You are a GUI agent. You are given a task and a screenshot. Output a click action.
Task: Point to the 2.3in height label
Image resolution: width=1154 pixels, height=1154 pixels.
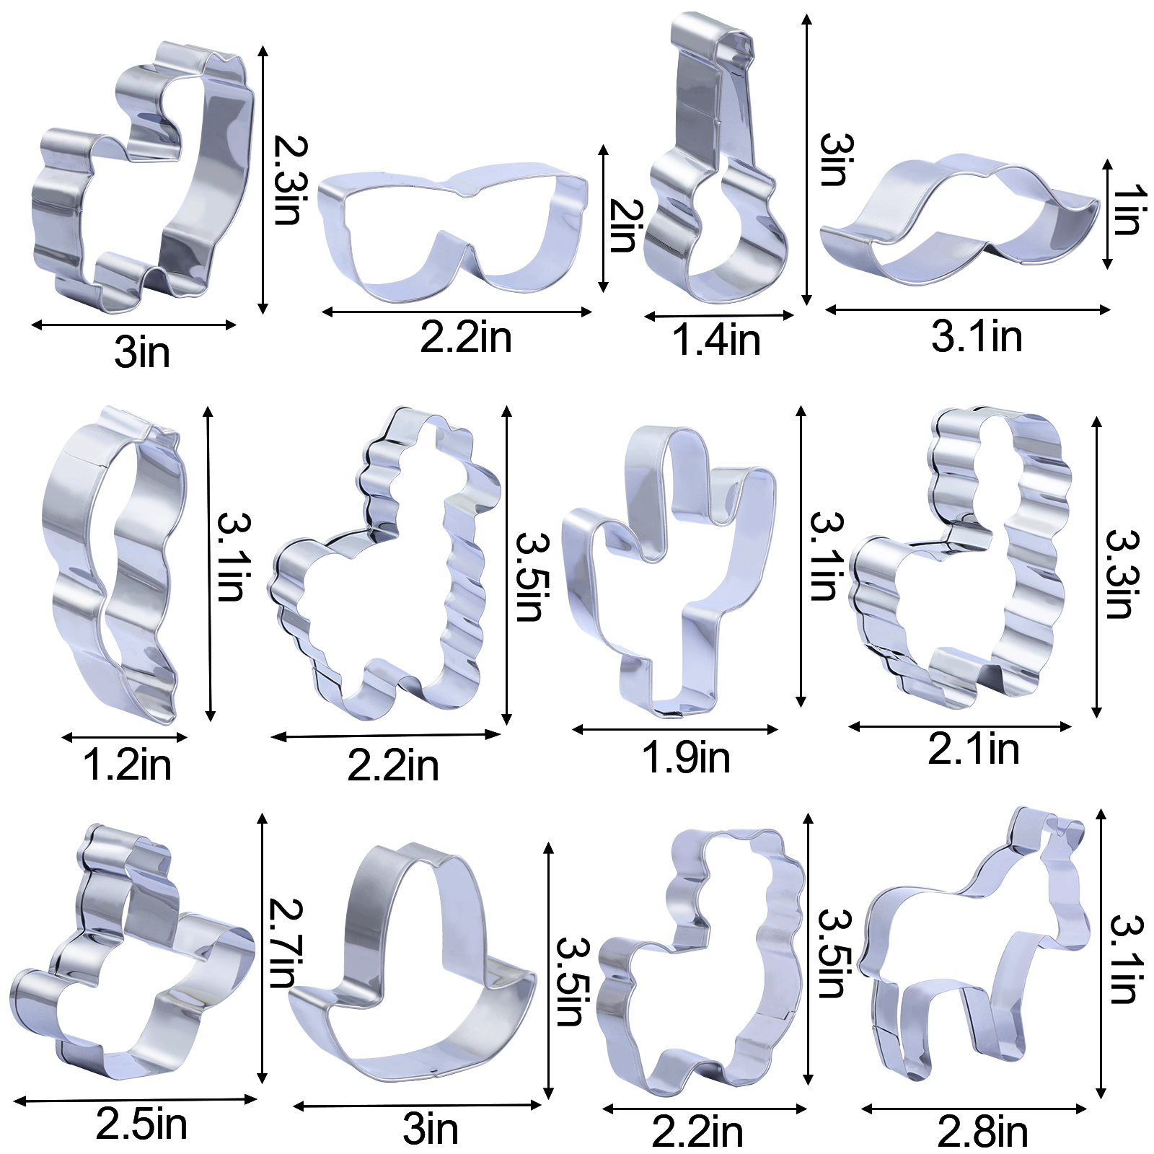(291, 180)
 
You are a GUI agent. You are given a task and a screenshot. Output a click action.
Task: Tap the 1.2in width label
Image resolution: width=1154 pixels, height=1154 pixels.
(127, 765)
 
